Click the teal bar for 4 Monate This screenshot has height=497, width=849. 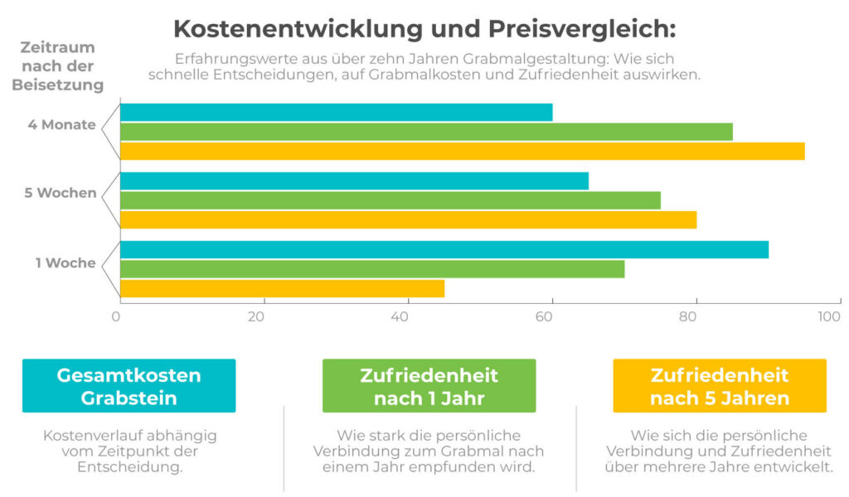coord(336,113)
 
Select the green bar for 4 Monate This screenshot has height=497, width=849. coord(426,132)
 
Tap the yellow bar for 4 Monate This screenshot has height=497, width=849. coord(462,151)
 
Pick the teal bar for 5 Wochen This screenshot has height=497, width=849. coord(354,181)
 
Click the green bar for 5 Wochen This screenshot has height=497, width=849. coord(390,200)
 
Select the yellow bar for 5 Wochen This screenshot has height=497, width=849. coord(408,220)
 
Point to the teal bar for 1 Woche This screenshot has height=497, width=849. coord(444,250)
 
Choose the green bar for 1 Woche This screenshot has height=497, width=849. coord(372,269)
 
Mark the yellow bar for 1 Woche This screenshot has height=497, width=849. coord(282,288)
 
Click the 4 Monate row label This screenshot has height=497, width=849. coord(61,126)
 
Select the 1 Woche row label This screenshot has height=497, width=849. coord(65,263)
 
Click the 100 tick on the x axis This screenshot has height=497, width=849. coord(828,316)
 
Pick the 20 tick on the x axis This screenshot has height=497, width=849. coord(263,316)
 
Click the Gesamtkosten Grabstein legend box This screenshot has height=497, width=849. coord(129,386)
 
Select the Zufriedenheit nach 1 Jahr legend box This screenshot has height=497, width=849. coord(429,386)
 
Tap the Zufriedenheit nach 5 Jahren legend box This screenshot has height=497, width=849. coord(719,386)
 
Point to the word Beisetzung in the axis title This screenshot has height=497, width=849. coord(57,84)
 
